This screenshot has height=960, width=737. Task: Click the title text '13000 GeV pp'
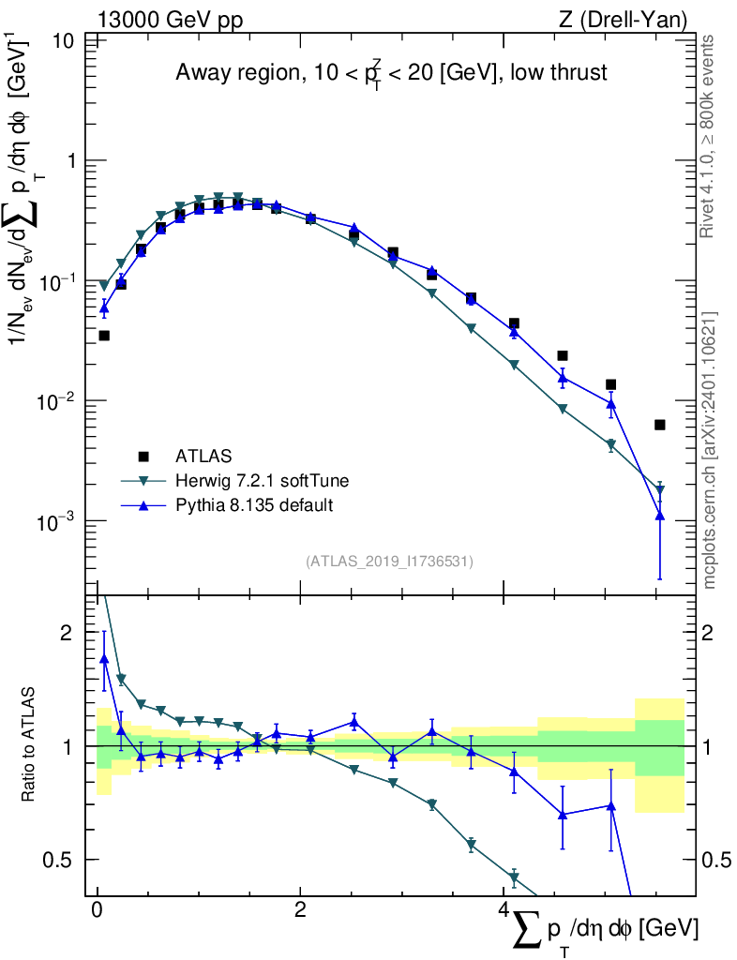click(x=170, y=20)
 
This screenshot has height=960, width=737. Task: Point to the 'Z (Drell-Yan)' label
click(x=623, y=20)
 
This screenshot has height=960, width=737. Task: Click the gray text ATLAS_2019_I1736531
click(x=389, y=562)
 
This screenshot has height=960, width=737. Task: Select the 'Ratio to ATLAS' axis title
click(x=27, y=744)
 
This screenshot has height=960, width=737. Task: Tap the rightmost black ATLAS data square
click(x=659, y=425)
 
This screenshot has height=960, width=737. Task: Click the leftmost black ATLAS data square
click(x=104, y=336)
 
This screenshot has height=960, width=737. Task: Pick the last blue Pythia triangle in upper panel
click(x=659, y=516)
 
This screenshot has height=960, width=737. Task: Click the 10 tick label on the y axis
click(x=63, y=41)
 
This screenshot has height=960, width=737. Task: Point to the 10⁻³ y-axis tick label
click(x=57, y=521)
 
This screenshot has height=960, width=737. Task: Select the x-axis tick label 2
click(x=299, y=909)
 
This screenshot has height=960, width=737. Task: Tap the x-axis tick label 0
click(x=97, y=909)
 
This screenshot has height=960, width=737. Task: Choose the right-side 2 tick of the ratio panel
click(x=707, y=633)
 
